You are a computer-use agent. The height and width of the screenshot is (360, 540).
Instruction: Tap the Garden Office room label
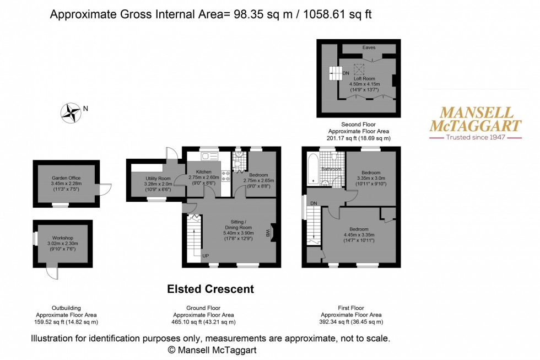[67, 178]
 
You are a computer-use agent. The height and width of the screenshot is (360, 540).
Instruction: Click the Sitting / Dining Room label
[237, 227]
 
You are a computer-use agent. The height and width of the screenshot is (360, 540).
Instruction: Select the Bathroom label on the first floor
[331, 169]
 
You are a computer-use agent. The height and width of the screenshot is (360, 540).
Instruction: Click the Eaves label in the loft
[369, 48]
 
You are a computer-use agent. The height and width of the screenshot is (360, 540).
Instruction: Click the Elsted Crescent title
[210, 289]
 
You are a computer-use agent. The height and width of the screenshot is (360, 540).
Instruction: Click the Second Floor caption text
[359, 124]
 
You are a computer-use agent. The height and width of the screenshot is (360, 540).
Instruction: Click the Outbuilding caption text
[66, 308]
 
